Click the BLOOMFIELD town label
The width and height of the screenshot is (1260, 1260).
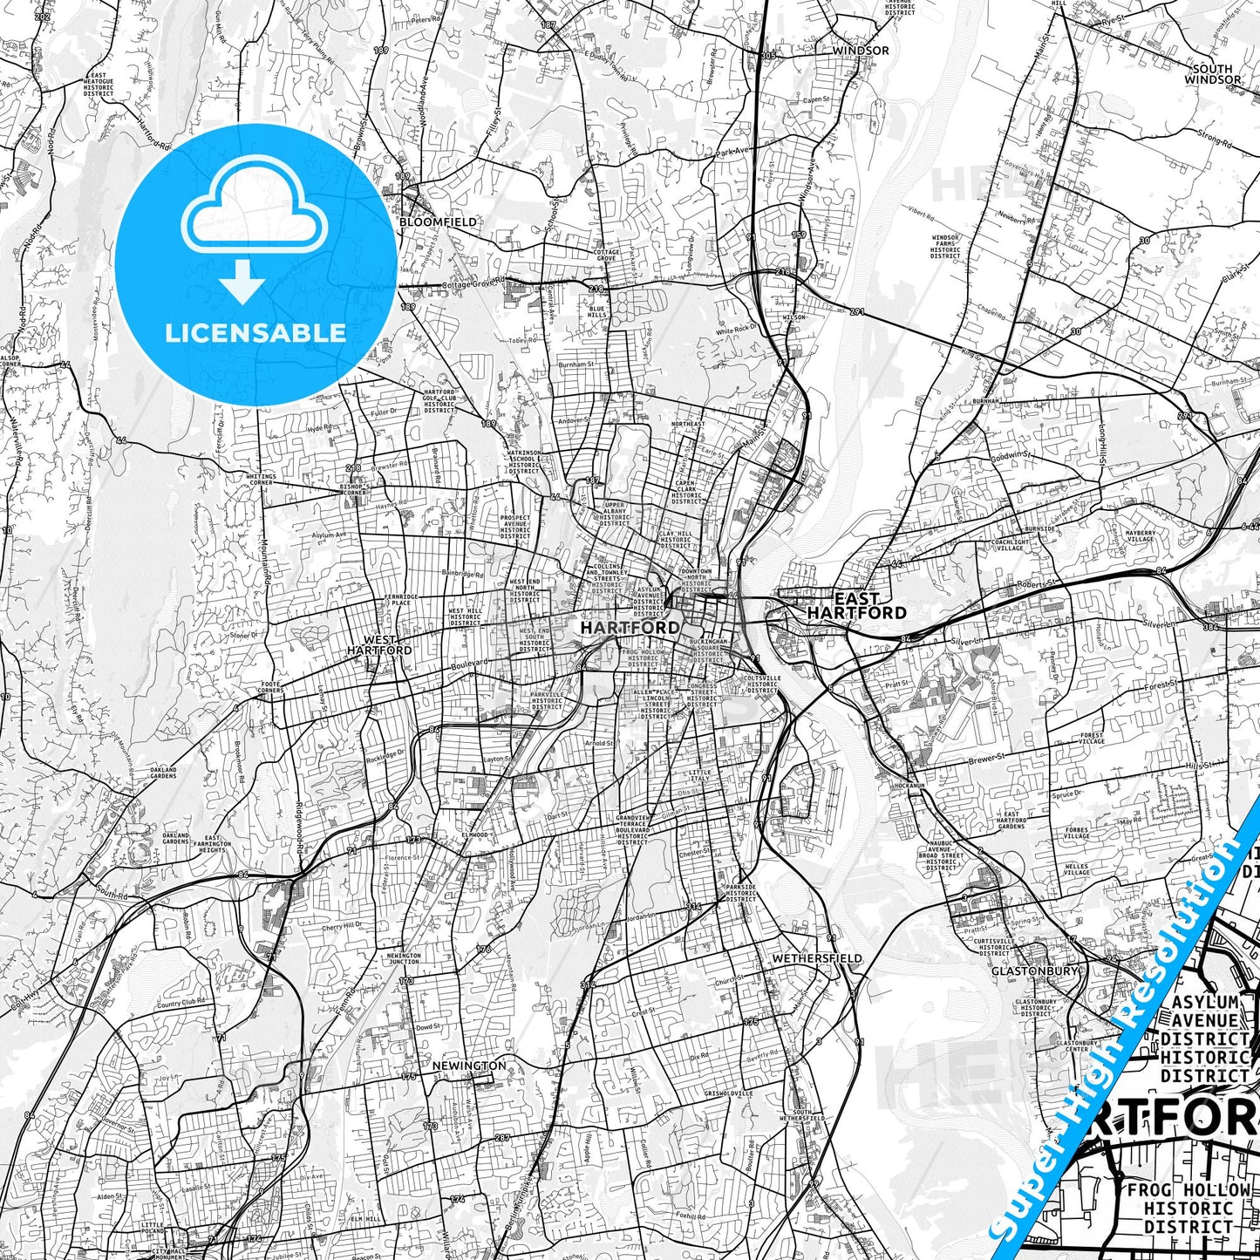[439, 222]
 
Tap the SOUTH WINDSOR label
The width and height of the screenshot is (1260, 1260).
[1212, 74]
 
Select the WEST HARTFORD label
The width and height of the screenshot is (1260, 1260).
[379, 644]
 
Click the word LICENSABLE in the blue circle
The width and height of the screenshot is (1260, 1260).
[255, 332]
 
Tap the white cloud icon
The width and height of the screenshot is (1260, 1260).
[254, 218]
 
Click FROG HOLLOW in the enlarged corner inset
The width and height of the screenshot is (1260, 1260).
[1188, 1190]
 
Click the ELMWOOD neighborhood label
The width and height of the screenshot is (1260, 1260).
[474, 834]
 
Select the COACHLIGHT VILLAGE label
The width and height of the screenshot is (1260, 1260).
[1010, 545]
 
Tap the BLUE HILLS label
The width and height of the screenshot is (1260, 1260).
[596, 312]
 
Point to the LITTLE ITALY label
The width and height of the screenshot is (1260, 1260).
[699, 776]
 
